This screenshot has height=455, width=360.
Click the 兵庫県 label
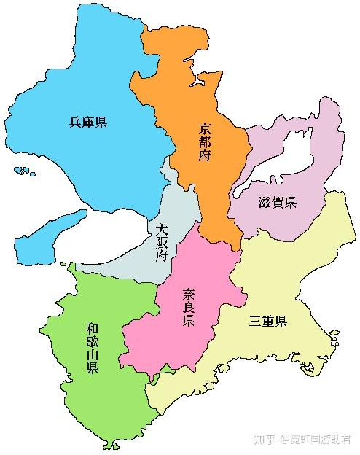point(88,122)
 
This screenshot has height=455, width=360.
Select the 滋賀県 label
point(277,203)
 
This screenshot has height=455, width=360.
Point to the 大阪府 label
point(162,242)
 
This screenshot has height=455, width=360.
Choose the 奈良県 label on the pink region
point(188,307)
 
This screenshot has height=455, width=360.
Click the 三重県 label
point(267,321)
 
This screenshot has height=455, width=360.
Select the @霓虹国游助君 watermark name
point(316,439)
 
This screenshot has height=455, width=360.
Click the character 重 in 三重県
point(267,321)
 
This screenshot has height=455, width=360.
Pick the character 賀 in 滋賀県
point(277,203)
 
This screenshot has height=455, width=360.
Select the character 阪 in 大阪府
point(162,242)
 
